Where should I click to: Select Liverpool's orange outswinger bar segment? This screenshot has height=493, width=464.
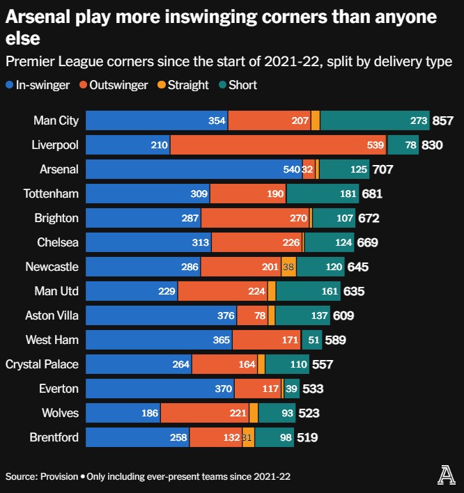(279, 145)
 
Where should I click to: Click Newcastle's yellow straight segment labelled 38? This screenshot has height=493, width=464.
(288, 267)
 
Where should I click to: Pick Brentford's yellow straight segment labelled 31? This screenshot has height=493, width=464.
(247, 437)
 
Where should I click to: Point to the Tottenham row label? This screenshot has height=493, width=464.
(51, 194)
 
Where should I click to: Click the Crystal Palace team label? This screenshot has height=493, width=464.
(42, 364)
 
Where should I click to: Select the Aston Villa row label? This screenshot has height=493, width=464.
(52, 315)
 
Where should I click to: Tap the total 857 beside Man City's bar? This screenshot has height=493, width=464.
(443, 120)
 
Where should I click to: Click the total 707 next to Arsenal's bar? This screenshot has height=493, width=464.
(383, 169)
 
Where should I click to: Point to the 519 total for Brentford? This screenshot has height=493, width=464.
(308, 437)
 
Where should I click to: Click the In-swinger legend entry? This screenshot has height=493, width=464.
(38, 85)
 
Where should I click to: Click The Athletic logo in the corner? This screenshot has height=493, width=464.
(445, 476)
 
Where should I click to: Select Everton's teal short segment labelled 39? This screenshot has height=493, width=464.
(292, 389)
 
